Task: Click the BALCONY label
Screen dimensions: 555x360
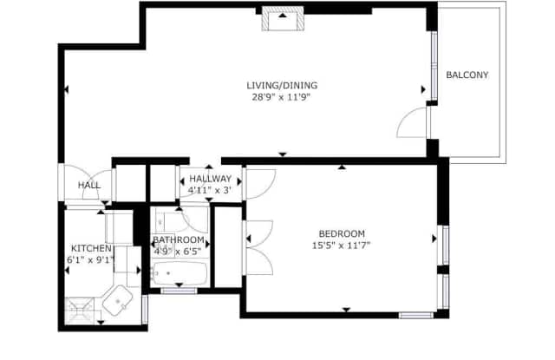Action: pos(467,75)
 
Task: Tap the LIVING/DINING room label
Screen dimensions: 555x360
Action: pos(282,85)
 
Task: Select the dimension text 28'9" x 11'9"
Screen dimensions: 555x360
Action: pos(281,97)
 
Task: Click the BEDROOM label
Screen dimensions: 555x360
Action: pos(342,233)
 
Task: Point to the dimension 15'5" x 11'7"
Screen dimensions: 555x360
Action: pos(341,245)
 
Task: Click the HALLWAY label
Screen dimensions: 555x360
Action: pos(210,179)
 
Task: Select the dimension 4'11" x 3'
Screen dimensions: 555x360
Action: pos(210,191)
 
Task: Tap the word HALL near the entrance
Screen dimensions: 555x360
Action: pos(89,185)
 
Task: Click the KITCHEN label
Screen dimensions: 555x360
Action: pos(91,248)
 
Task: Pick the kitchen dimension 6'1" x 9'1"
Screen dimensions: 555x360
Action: pos(91,260)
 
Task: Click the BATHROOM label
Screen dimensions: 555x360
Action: pos(179,239)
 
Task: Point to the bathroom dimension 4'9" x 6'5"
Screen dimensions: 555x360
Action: pos(178,252)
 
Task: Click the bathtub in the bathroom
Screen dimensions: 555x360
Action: pos(180,273)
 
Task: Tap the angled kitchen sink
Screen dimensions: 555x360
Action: pos(118,300)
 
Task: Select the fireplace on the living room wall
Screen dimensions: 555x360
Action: pos(283,18)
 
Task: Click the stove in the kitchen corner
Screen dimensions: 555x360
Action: pos(80,311)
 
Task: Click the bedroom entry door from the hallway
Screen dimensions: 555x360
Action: pos(260,184)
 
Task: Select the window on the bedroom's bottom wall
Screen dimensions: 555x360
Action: pos(416,315)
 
